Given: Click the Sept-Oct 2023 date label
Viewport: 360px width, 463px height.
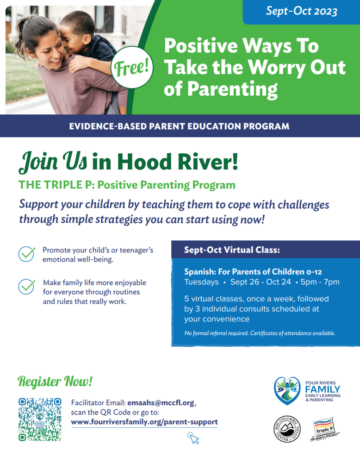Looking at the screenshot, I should pos(301,11).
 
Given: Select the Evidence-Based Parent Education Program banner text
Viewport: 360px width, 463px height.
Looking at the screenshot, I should pos(180,126).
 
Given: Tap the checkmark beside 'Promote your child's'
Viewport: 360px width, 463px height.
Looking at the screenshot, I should pos(26,254).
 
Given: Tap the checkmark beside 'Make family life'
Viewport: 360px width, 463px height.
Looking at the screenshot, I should pos(26,287).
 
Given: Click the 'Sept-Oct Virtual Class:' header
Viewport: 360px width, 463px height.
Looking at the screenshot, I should pos(232,250).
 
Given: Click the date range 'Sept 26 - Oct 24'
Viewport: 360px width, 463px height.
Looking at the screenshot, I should pos(261,282).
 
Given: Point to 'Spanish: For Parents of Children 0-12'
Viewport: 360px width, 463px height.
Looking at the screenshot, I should pos(248,272).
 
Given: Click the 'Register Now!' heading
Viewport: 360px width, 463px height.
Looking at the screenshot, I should pos(55,382).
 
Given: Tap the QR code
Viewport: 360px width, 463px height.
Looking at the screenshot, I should pos(40,419).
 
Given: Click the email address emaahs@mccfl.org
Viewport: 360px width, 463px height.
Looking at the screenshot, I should pos(161,403).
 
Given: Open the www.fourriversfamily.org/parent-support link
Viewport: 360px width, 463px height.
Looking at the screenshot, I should pos(144,422).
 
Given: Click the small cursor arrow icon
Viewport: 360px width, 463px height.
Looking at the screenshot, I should pos(193,438).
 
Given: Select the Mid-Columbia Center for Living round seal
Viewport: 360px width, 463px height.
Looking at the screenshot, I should pos(287,429).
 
